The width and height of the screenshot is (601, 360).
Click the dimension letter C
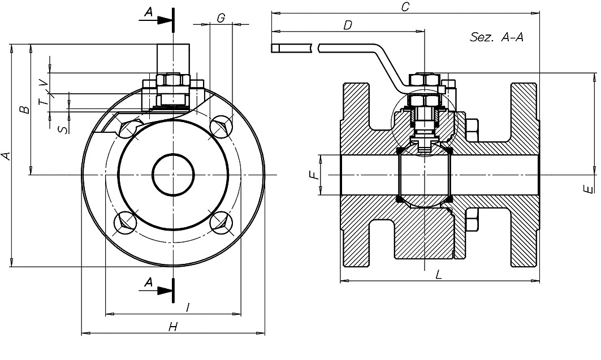click(405, 6)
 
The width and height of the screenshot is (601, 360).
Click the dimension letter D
click(348, 25)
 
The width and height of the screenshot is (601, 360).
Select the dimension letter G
click(220, 18)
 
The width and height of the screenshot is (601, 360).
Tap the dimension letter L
click(439, 275)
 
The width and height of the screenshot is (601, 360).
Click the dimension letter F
click(315, 175)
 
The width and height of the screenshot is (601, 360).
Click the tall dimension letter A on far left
click(6, 155)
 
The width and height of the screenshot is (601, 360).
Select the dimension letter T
click(44, 101)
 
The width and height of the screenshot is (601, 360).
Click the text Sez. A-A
click(496, 38)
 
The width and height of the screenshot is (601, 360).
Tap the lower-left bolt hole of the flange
click(125, 222)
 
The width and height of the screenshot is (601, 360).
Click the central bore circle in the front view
click(173, 175)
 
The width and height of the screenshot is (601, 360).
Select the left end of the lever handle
click(275, 49)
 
